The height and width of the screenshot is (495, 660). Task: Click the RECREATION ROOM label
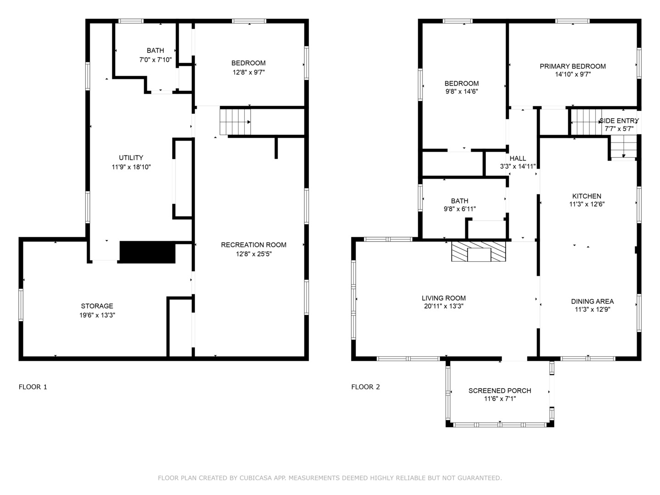coord(253,245)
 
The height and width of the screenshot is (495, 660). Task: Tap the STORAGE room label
coord(97,306)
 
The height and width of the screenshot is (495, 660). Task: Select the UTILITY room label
coord(131,158)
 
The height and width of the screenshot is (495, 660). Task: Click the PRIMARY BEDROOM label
coord(572,66)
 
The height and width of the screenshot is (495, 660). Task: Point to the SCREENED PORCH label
coord(500,390)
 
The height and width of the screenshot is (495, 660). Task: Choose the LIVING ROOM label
coord(444,298)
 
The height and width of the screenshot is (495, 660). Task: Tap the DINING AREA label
coord(592,302)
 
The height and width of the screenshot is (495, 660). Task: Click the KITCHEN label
coord(587,196)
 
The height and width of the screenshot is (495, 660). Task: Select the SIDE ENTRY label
coord(619,121)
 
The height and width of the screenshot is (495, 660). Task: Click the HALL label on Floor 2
coord(517,159)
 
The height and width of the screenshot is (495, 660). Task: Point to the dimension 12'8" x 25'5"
coord(253,254)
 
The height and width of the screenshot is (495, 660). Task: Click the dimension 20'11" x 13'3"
coord(444,307)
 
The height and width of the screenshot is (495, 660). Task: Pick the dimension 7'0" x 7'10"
coord(155,60)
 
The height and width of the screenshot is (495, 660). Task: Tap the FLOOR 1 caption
coord(33,387)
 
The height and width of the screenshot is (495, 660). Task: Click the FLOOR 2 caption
coord(365,387)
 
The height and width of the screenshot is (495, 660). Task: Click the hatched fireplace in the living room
coord(478,252)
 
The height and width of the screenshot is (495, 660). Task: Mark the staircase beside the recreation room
coord(235,122)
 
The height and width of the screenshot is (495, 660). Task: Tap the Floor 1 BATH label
coord(155,50)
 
